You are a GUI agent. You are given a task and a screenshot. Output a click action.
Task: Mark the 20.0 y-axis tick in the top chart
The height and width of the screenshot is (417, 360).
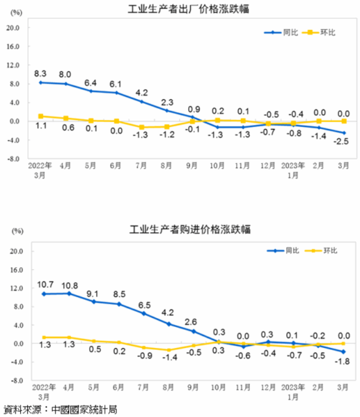pyautogui.click(x=14, y=27)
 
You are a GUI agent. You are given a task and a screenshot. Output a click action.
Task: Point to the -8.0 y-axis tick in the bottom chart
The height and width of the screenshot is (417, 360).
pyautogui.click(x=14, y=380)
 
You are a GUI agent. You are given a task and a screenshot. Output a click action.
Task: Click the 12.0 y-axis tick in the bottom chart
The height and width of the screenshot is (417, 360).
pyautogui.click(x=14, y=288)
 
